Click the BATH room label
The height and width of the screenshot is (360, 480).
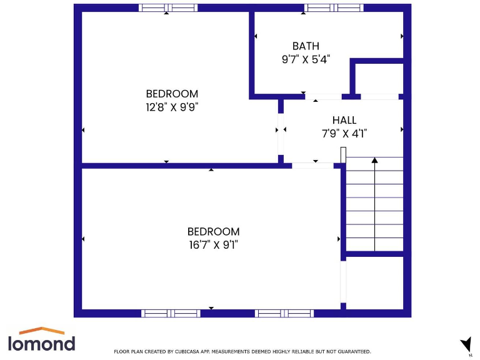pyautogui.click(x=306, y=46)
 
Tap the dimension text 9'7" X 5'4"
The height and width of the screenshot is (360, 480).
pyautogui.click(x=306, y=59)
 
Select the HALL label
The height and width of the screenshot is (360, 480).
pyautogui.click(x=344, y=120)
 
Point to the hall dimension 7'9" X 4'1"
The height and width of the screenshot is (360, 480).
pyautogui.click(x=344, y=133)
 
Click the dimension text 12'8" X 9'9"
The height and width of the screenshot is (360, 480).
pyautogui.click(x=172, y=107)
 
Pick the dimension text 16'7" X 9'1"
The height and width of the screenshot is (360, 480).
pyautogui.click(x=213, y=245)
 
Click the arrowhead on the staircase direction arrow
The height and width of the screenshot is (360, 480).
pyautogui.click(x=374, y=161)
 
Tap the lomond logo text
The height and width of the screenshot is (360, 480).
pyautogui.click(x=41, y=342)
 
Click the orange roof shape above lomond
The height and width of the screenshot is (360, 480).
pyautogui.click(x=41, y=331)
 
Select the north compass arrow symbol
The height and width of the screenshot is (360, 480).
pyautogui.click(x=466, y=344)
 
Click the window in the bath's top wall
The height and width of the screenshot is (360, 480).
pyautogui.click(x=333, y=8)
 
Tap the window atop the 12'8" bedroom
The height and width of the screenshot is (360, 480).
pyautogui.click(x=167, y=8)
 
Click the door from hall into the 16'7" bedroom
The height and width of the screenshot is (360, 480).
pyautogui.click(x=312, y=166)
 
